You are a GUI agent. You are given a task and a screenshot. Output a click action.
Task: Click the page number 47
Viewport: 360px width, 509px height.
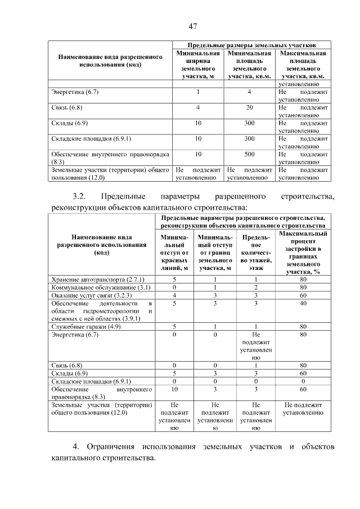coord(192,26)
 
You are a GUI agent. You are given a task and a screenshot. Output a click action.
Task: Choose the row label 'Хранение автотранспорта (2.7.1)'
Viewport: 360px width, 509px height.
coord(98,279)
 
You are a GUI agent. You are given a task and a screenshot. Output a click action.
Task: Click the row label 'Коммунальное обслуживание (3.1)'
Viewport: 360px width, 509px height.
coord(98,287)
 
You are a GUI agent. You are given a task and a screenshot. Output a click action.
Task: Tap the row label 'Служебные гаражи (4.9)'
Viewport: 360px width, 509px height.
coord(86,326)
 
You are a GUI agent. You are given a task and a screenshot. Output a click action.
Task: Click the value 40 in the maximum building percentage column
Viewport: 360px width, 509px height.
coord(303,303)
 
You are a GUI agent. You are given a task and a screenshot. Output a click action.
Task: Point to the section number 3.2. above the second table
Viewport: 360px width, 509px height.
coord(78,196)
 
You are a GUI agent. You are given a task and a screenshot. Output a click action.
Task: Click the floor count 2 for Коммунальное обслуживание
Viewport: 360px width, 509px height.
coord(255,287)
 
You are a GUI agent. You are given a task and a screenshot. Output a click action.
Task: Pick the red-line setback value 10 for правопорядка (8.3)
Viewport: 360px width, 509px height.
coord(174,389)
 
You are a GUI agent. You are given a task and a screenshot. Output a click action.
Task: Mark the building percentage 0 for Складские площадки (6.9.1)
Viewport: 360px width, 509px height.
coord(303,381)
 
